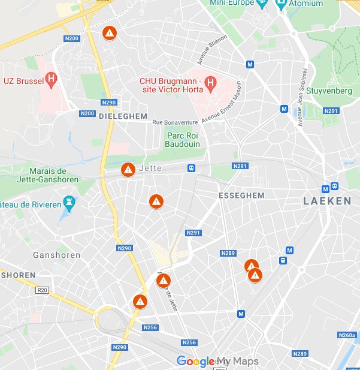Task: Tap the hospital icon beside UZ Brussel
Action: tap(52, 78)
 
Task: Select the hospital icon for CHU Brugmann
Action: tap(210, 83)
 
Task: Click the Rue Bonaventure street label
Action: tap(175, 122)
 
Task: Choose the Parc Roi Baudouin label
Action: tap(184, 140)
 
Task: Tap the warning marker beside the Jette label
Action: tap(128, 170)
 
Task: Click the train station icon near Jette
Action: tap(192, 169)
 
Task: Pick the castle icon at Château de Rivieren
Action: tap(70, 204)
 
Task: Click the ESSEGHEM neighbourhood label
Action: tap(241, 195)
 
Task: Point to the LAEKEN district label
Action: tap(327, 201)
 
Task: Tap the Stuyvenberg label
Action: tap(334, 91)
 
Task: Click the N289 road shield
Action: tap(228, 253)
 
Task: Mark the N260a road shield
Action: tap(347, 335)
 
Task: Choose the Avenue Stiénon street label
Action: tap(212, 50)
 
